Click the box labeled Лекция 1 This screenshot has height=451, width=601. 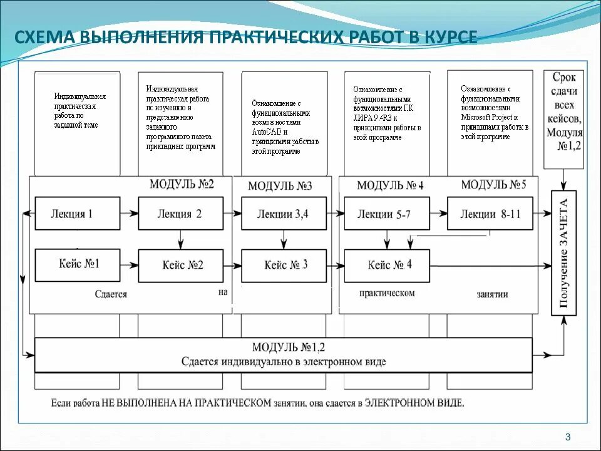(x=77, y=214)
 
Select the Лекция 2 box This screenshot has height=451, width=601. (x=180, y=214)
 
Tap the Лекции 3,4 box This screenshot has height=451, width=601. (x=284, y=214)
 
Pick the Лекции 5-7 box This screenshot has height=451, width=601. (x=386, y=214)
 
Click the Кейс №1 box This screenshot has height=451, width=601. (x=77, y=264)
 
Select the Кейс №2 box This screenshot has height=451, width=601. (x=180, y=265)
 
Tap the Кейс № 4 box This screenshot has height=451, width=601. (x=386, y=265)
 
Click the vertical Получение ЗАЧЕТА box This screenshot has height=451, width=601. (x=563, y=252)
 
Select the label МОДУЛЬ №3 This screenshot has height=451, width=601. (x=280, y=185)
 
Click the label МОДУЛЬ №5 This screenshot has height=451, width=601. (x=493, y=185)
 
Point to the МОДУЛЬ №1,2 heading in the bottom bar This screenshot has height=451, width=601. (x=289, y=347)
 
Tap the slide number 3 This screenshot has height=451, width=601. (x=567, y=437)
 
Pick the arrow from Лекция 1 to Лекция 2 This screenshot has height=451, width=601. (x=129, y=214)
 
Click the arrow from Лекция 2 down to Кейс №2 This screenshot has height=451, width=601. (x=180, y=239)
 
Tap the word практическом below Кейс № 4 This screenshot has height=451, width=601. (x=387, y=293)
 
